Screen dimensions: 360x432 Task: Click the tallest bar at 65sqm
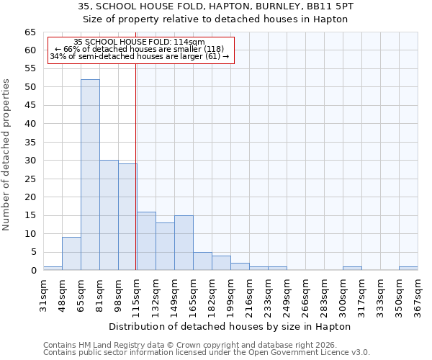tap(90, 175)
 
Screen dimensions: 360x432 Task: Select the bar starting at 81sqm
tap(109, 215)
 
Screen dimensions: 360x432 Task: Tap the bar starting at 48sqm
tap(71, 253)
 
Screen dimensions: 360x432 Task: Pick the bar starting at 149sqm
tap(184, 243)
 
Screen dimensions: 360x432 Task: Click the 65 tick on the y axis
tap(30, 32)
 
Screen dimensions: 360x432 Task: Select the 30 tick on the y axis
tap(30, 161)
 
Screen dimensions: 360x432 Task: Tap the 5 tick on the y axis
tap(33, 252)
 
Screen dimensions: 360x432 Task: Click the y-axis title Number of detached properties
tap(6, 155)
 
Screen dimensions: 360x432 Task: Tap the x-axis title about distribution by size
tap(230, 326)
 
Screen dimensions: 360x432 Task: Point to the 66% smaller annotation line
tap(140, 50)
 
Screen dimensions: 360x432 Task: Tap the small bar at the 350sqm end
tap(408, 269)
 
